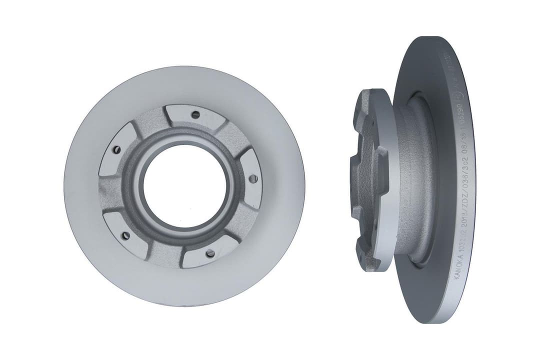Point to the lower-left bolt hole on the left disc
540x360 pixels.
click(x=125, y=235)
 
